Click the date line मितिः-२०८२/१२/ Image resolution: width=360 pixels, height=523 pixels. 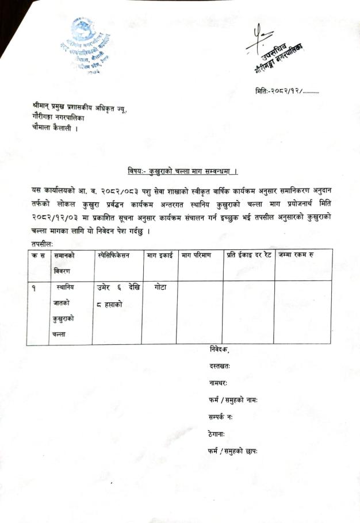tap(286, 91)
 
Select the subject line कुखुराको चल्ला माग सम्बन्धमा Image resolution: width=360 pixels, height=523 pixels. tap(183, 171)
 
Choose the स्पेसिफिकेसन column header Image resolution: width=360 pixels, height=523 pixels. tap(114, 255)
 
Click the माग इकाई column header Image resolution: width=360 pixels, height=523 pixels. tap(159, 255)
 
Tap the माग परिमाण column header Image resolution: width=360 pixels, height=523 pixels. tap(197, 255)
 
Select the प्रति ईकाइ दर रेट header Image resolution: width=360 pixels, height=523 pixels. tap(247, 255)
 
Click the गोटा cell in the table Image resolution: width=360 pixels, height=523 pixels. tap(160, 287)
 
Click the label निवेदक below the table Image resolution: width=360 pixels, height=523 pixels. tap(219, 350)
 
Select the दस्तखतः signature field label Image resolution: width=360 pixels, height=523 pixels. tap(220, 366)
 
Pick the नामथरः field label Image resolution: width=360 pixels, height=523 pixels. tap(219, 383)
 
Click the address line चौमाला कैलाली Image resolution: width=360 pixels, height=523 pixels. tap(55, 128)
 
